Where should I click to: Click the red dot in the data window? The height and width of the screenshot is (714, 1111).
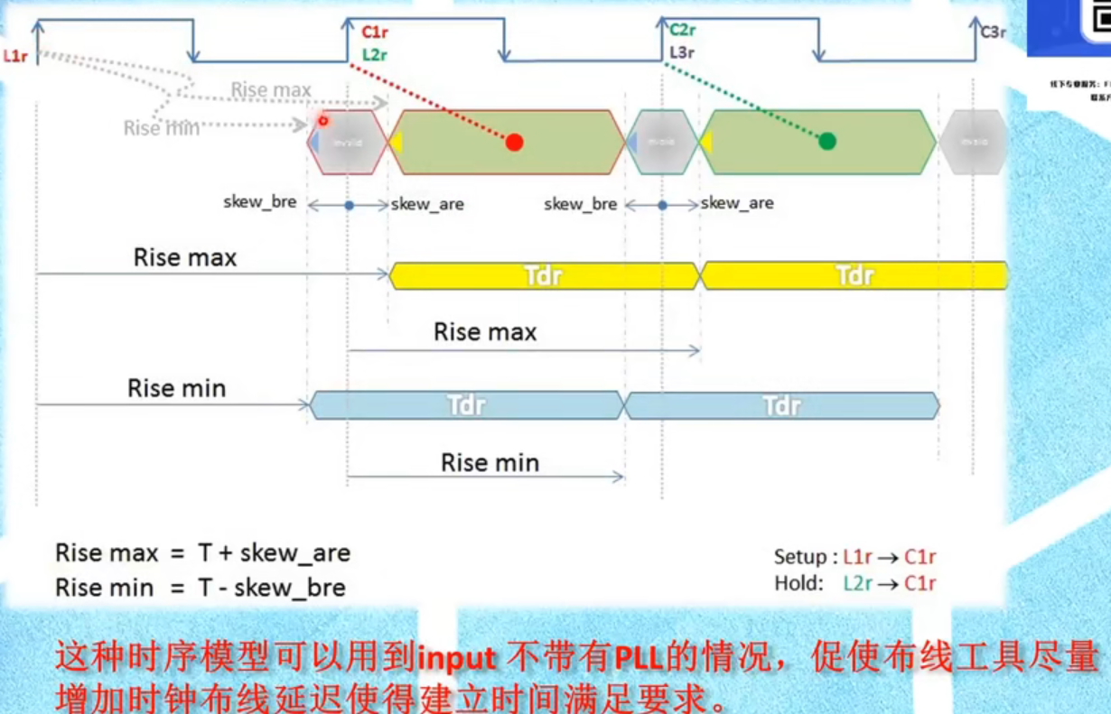(514, 142)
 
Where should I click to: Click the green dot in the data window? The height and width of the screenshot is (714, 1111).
(826, 141)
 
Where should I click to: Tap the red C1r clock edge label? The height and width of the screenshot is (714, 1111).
(374, 33)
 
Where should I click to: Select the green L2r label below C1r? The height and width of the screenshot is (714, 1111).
(374, 54)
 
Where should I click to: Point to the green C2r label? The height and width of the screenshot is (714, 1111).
(682, 31)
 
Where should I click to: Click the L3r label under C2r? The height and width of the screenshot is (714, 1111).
(682, 52)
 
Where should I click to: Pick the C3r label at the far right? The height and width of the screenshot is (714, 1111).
(993, 32)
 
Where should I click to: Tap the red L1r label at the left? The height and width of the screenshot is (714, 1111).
(16, 55)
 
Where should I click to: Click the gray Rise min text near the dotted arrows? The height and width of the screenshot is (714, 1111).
(160, 128)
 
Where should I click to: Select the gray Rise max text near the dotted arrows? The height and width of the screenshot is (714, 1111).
(271, 90)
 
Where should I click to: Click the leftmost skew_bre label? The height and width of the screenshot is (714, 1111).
(260, 202)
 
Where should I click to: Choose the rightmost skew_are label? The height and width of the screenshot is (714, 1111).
(737, 203)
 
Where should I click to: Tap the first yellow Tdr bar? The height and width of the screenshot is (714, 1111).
(544, 275)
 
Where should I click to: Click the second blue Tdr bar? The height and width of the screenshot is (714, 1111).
(781, 406)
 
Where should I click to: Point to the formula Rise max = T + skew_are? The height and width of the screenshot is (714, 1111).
(202, 552)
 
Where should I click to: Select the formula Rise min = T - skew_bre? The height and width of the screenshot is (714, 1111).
(201, 588)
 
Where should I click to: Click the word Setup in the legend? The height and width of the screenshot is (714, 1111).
(799, 557)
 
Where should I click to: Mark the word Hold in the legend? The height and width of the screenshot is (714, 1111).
(795, 583)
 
